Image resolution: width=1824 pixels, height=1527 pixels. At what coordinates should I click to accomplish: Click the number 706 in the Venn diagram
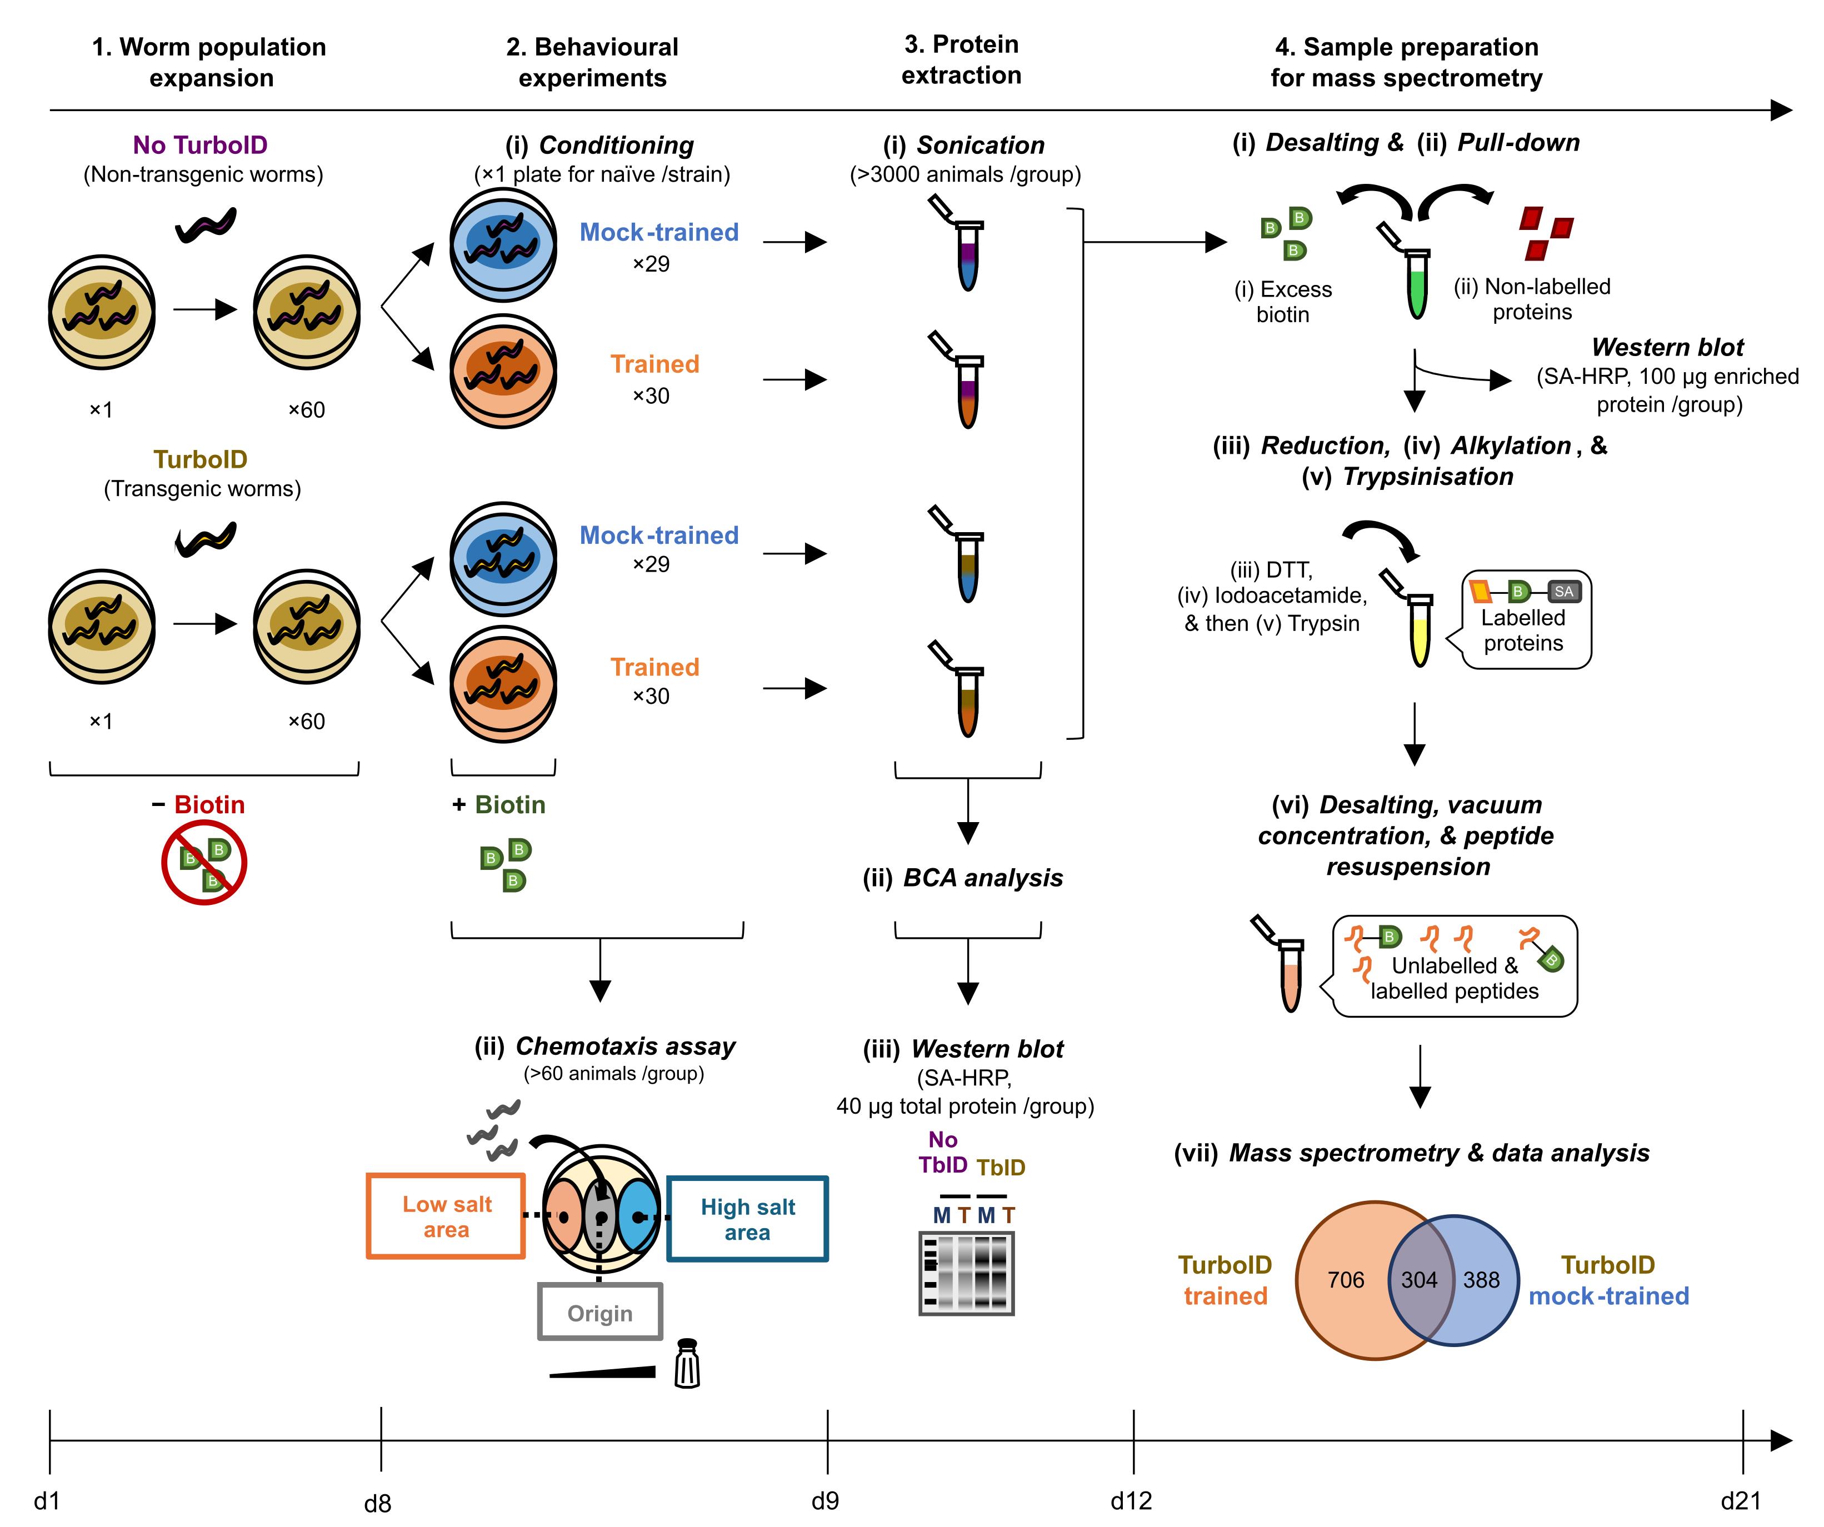[1346, 1279]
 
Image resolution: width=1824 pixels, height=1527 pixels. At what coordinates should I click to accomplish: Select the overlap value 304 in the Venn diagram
[1419, 1279]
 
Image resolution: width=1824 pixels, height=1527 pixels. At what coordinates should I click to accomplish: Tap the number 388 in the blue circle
[1481, 1279]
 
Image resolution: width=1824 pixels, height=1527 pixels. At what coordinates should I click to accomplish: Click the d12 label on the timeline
[1131, 1500]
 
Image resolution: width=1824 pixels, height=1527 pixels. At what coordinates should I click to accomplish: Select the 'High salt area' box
[747, 1219]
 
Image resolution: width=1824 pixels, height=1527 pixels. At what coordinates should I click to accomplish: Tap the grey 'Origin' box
[600, 1311]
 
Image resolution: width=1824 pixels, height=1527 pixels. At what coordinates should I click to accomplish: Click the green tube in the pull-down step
[1417, 282]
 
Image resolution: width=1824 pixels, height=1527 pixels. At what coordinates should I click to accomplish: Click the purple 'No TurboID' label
[200, 145]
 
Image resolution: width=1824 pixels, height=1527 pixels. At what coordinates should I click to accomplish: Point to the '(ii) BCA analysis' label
[962, 878]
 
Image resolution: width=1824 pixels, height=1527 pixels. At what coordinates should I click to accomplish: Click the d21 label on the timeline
[1741, 1500]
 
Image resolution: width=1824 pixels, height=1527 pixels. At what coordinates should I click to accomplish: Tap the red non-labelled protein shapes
[1546, 233]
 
